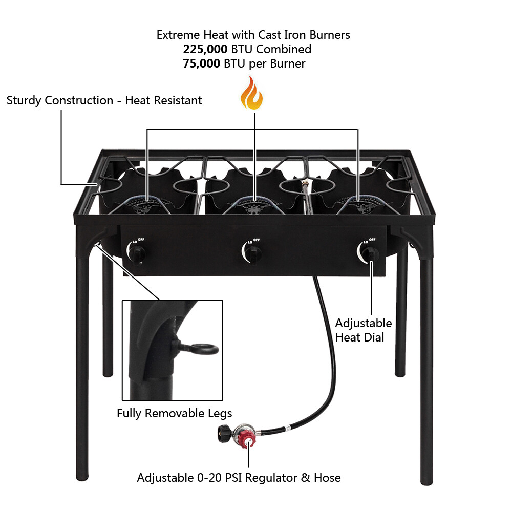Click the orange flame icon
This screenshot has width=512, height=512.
[x=251, y=93]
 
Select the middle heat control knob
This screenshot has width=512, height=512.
[x=252, y=252]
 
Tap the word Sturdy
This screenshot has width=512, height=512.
[x=24, y=100]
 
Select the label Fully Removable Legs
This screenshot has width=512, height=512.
[x=174, y=413]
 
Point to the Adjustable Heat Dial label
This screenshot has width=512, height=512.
[x=363, y=330]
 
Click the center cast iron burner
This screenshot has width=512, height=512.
[x=254, y=206]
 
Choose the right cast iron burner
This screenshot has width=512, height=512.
[x=358, y=206]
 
